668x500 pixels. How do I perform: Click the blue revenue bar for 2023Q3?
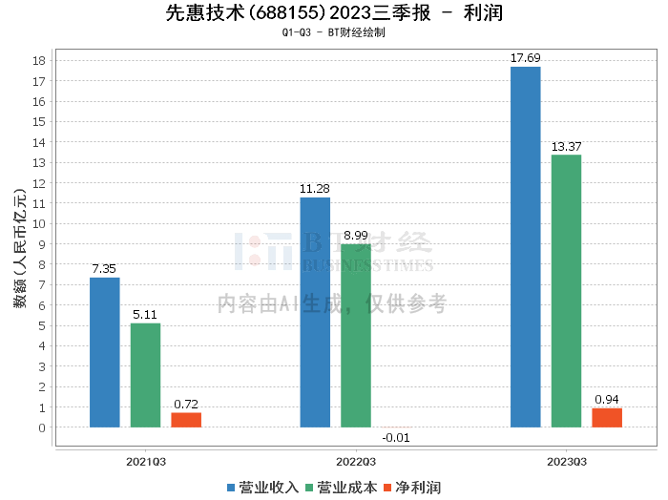(525, 247)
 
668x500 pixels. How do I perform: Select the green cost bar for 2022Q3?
(356, 336)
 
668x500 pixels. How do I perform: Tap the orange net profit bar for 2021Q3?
(186, 420)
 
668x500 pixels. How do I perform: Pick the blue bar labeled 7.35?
(104, 352)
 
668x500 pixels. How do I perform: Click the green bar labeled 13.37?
(566, 291)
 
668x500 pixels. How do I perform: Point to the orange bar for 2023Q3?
(607, 418)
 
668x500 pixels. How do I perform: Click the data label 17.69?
(525, 58)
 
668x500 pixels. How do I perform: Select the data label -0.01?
(396, 438)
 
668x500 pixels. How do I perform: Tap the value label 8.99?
(356, 236)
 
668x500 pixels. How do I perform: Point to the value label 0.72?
(186, 404)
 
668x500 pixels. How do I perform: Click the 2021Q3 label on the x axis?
(146, 462)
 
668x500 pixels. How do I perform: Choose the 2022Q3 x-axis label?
(356, 462)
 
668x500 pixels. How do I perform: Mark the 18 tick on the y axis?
(39, 61)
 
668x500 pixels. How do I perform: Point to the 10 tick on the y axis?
(39, 224)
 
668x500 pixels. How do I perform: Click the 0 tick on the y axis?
(42, 428)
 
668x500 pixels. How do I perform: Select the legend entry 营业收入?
(262, 488)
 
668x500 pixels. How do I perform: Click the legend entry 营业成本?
(342, 488)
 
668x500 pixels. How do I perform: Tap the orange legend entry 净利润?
(412, 488)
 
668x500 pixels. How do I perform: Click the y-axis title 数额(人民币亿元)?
(20, 248)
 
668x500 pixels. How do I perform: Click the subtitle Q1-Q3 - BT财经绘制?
(334, 32)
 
